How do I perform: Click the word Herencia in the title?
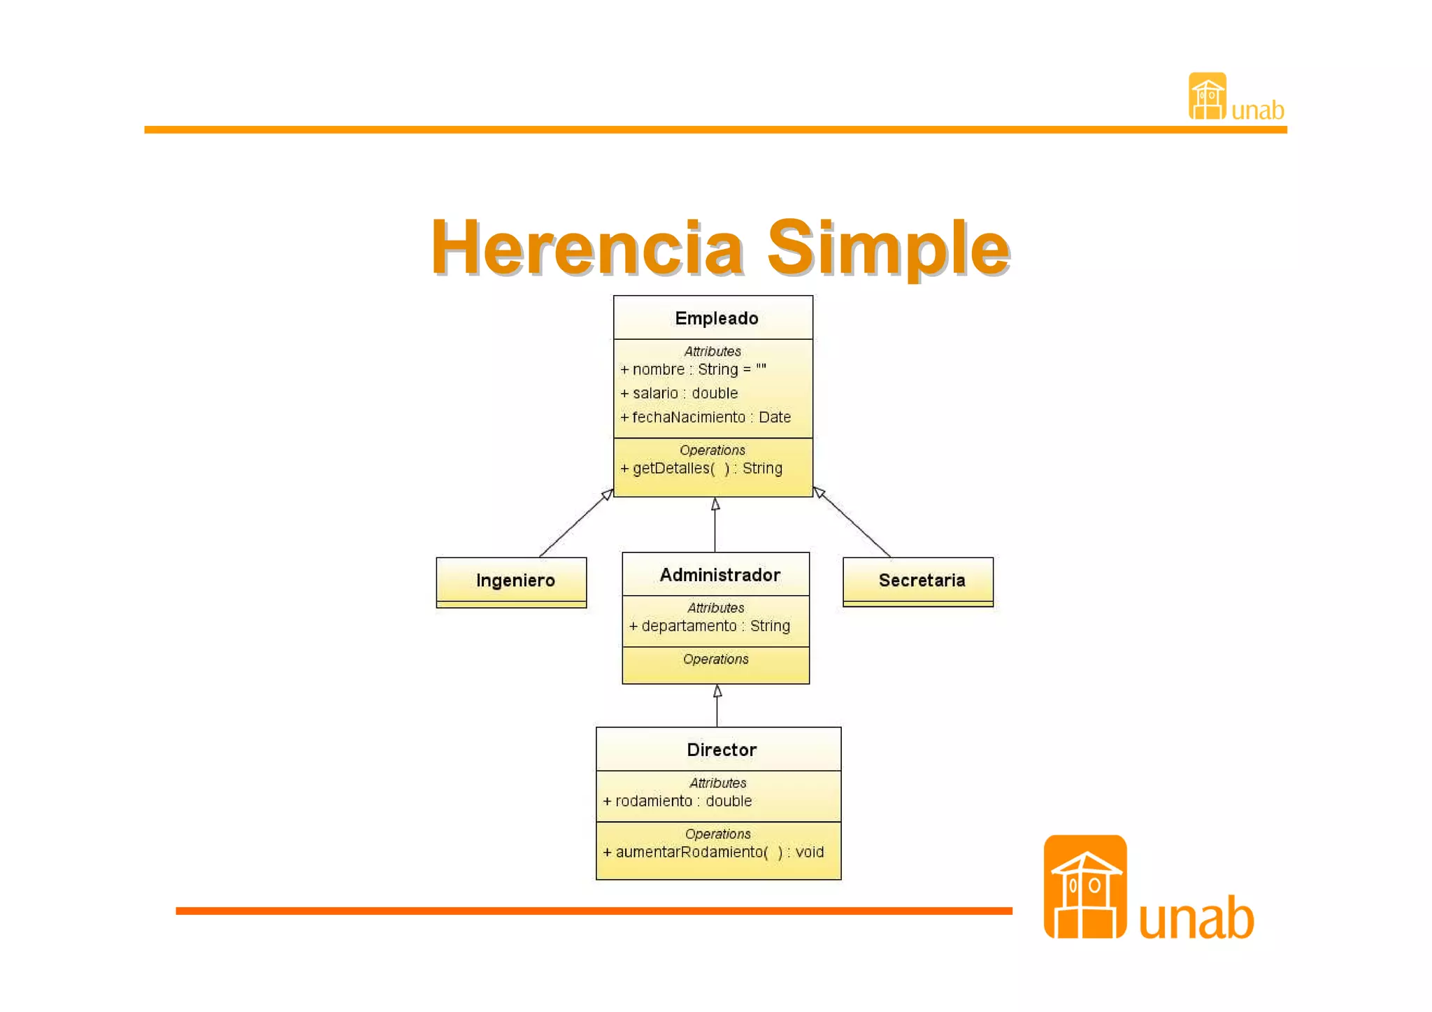click(x=587, y=248)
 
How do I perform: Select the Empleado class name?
click(x=716, y=318)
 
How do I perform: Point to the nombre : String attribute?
click(x=693, y=369)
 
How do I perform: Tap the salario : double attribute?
click(x=679, y=393)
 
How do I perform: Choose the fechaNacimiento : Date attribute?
click(x=706, y=418)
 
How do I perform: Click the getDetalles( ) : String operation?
click(x=701, y=469)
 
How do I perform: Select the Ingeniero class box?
click(x=512, y=581)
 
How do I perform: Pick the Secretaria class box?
click(x=918, y=581)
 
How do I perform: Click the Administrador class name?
click(x=719, y=575)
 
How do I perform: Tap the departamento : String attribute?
click(x=710, y=626)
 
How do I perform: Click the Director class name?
click(x=722, y=750)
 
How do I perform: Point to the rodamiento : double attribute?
click(x=678, y=801)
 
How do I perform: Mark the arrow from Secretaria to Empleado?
click(x=853, y=523)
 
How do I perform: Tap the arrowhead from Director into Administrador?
click(x=717, y=692)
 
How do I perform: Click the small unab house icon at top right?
click(x=1207, y=97)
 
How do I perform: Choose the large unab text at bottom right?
click(x=1196, y=918)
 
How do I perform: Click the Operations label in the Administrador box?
click(x=715, y=660)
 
